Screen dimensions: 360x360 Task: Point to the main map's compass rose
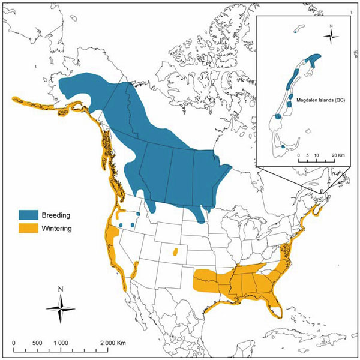(x=61, y=307)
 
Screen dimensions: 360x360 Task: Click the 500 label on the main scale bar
(x=37, y=342)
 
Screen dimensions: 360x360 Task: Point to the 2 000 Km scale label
(x=115, y=342)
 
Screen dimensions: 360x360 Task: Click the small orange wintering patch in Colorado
(x=175, y=253)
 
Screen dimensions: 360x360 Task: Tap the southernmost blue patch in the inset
(x=283, y=146)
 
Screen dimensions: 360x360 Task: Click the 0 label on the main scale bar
(x=14, y=342)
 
